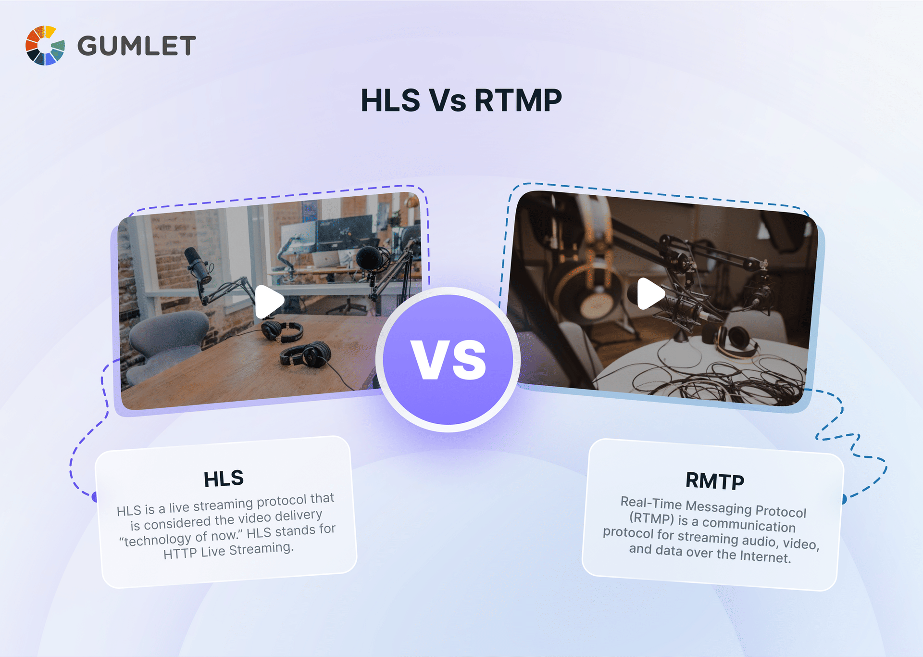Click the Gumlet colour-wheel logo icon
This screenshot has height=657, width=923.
[45, 46]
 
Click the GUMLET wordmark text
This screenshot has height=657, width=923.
[137, 46]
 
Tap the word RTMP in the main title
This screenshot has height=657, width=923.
[518, 101]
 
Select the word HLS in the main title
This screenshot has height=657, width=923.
[390, 101]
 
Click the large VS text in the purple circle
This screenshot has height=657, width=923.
[448, 360]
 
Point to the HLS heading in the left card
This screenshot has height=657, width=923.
[224, 479]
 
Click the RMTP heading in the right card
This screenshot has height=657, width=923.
[715, 480]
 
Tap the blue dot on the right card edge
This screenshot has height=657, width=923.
[843, 499]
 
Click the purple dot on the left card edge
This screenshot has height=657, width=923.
[95, 496]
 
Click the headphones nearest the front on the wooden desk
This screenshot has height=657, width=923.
[306, 355]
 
